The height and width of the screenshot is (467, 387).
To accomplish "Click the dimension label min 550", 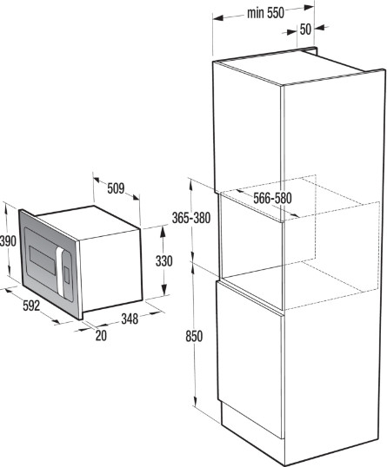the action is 265,13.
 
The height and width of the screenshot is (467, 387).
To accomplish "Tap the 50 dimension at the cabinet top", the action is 305,30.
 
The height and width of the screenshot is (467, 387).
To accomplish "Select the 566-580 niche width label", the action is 272,199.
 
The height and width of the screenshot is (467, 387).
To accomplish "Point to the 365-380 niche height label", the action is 191,219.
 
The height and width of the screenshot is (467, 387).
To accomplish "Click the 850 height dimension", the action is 194,336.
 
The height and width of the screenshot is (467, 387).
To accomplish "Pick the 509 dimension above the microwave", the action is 116,188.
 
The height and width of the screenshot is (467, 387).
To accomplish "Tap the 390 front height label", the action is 8,240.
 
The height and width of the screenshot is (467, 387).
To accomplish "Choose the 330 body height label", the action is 164,261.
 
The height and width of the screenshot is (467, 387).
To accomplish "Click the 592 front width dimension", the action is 31,306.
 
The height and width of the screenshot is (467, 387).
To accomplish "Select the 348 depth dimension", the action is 130,319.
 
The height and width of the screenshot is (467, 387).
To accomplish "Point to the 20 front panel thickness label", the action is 101,336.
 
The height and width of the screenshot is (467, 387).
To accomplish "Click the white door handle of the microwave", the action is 60,272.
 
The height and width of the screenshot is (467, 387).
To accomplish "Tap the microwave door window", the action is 42,260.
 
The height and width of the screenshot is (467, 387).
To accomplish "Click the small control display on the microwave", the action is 67,275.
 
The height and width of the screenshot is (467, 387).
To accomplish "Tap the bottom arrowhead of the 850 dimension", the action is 195,401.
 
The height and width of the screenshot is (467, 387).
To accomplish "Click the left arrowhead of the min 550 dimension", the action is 218,18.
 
